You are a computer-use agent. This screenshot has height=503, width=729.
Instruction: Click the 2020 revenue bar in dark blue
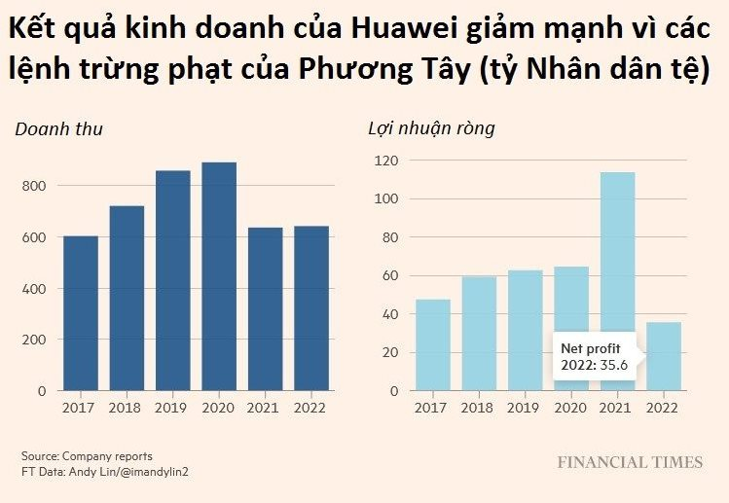[219, 276]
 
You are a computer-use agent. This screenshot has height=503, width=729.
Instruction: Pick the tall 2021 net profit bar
[617, 281]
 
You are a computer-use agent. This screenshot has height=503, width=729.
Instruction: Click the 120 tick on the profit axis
[386, 161]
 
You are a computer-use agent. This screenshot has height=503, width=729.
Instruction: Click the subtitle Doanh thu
[59, 128]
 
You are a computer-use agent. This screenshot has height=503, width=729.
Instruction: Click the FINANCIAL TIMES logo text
[629, 462]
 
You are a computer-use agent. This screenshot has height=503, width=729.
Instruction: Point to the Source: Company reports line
[87, 455]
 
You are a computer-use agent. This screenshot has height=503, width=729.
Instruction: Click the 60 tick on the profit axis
[391, 275]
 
